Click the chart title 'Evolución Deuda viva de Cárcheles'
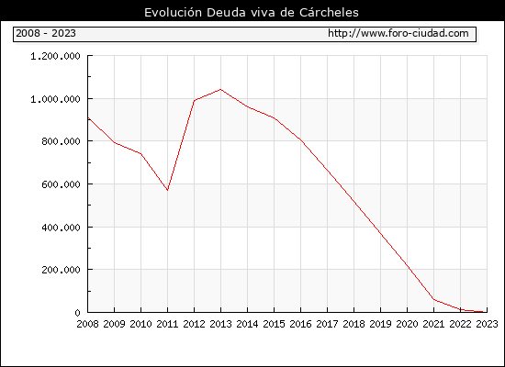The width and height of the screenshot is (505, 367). click(252, 12)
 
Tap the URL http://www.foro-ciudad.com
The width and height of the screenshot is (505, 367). click(398, 33)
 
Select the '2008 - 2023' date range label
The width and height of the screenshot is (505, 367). click(46, 33)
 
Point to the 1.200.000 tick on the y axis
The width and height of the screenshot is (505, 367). click(55, 56)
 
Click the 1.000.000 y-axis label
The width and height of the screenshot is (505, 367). click(55, 99)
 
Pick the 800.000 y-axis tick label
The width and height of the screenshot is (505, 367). click(61, 141)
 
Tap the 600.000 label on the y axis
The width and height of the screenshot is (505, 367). click(61, 184)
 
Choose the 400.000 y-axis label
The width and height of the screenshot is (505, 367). click(61, 228)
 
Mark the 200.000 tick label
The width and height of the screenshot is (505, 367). click(61, 270)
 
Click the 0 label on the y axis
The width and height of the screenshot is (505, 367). click(77, 313)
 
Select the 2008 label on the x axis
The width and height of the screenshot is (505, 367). click(87, 324)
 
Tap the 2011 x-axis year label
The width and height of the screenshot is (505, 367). click(167, 324)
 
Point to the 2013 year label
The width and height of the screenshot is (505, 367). click(220, 324)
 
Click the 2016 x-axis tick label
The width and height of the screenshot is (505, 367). click(300, 324)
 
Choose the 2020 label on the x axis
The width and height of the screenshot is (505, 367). click(407, 324)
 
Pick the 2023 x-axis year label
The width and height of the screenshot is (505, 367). click(487, 324)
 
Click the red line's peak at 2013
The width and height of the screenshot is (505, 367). click(220, 89)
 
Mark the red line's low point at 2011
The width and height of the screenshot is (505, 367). click(167, 190)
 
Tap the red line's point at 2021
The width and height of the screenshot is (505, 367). click(433, 299)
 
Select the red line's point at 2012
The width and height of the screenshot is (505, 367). click(195, 101)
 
